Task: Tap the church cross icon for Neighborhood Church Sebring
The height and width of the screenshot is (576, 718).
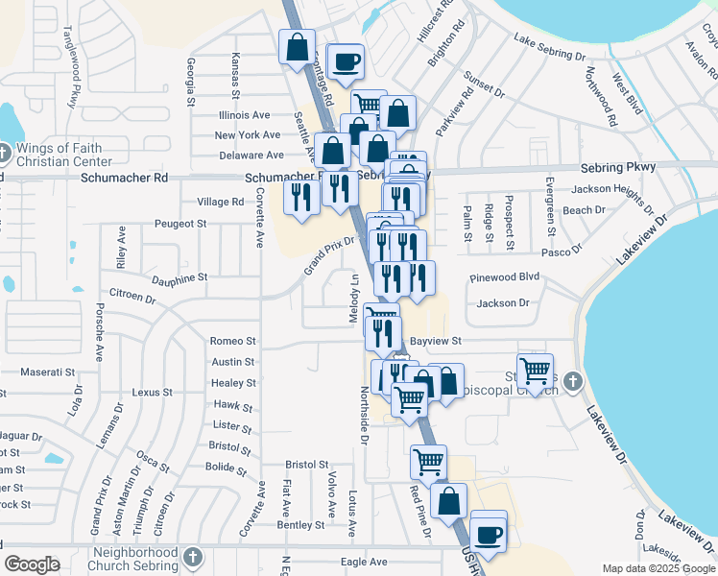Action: coord(192,558)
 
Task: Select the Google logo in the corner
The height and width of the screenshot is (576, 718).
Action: coord(32,564)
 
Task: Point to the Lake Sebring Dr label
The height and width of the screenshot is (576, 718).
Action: coord(549,48)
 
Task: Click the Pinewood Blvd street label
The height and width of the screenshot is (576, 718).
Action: coord(505,277)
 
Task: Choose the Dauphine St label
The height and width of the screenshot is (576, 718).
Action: coord(179,278)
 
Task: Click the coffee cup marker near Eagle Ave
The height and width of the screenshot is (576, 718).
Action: coord(489,534)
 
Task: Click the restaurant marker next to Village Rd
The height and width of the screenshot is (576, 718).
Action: coord(302,197)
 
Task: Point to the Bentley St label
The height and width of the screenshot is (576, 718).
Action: coord(300,525)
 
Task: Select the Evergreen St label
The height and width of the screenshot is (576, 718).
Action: coord(551,205)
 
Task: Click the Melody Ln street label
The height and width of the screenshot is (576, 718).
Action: coord(353,298)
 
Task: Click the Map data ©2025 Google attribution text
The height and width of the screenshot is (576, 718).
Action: coord(658,568)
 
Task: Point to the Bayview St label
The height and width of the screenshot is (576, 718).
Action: coord(436,341)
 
